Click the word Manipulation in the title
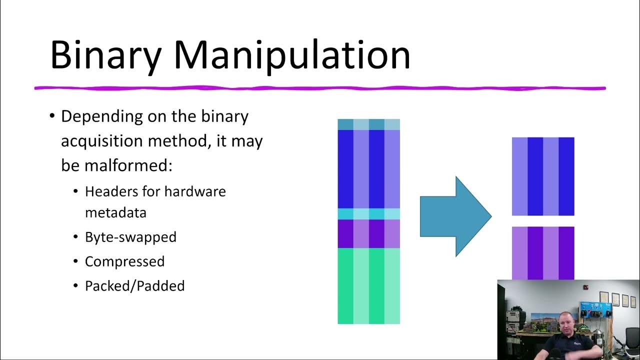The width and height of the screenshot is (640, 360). [x=292, y=54]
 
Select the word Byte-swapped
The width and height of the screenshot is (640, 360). [x=130, y=236]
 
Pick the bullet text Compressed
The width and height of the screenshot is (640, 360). [x=124, y=261]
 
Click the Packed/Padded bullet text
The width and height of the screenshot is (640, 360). [x=134, y=285]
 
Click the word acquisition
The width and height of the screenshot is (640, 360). [x=102, y=141]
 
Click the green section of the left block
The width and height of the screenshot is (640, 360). [x=369, y=285]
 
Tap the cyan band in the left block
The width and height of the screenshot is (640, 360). [x=369, y=213]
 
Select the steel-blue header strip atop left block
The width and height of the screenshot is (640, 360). [x=369, y=124]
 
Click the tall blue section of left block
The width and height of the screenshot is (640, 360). [x=369, y=168]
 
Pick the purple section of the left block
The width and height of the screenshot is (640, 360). [x=369, y=233]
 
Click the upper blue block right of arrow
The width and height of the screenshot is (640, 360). [x=543, y=176]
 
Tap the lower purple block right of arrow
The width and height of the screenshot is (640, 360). [x=543, y=252]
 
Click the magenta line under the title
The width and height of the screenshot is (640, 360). [x=320, y=88]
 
